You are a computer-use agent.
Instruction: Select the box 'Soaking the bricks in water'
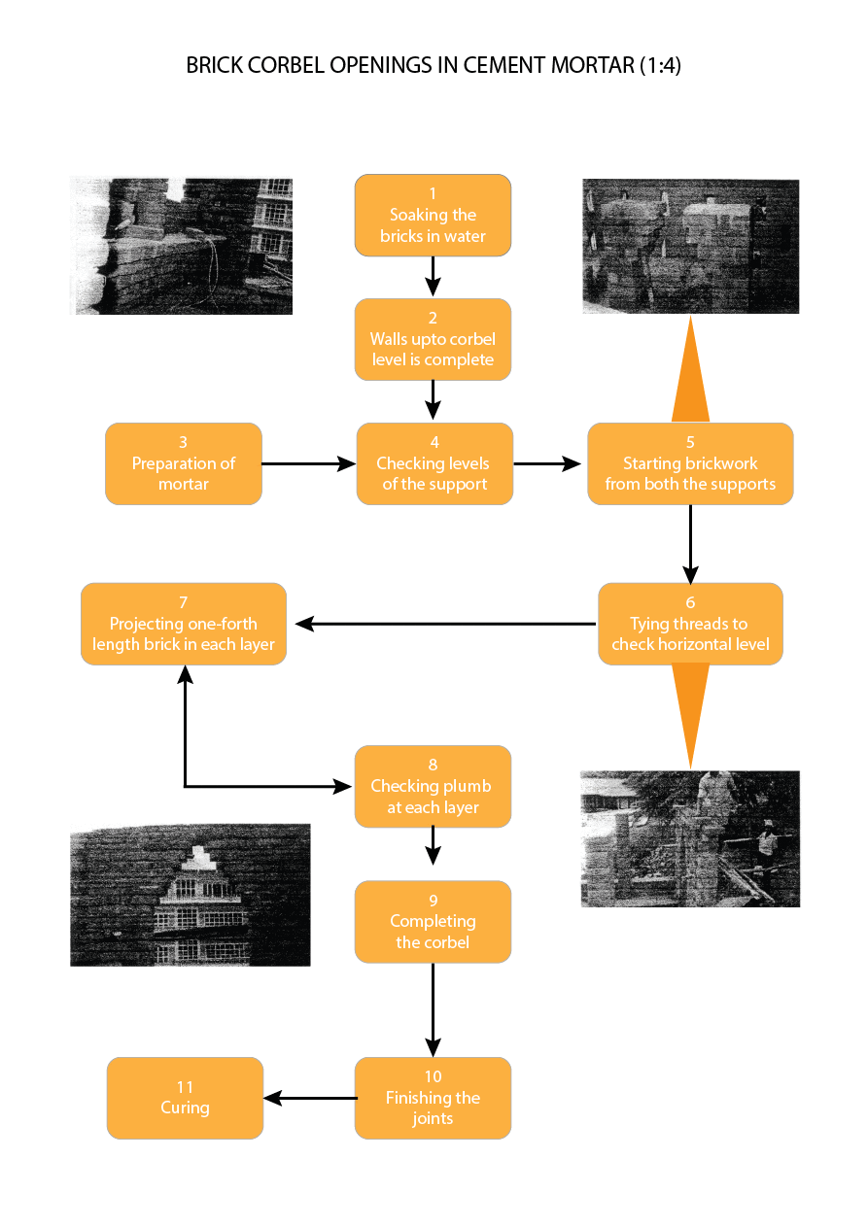(x=433, y=216)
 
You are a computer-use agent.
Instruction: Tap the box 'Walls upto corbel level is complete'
(x=433, y=339)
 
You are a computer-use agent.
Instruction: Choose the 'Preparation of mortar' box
(x=184, y=463)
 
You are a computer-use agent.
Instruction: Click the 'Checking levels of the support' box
(x=434, y=463)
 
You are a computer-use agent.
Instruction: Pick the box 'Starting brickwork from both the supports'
(x=690, y=463)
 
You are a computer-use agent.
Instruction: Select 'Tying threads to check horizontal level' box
(x=690, y=624)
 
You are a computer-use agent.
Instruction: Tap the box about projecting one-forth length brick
(x=184, y=624)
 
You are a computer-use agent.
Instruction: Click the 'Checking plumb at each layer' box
(x=433, y=786)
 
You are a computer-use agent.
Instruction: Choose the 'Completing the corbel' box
(x=433, y=921)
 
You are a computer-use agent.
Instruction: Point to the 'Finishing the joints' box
(x=433, y=1098)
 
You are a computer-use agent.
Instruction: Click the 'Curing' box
(x=185, y=1098)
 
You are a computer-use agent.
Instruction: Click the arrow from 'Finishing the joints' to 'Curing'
(x=310, y=1098)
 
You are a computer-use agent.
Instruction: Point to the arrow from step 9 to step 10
(x=433, y=1009)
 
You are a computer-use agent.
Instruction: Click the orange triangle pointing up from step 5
(x=690, y=374)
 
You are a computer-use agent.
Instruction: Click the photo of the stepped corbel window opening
(x=191, y=895)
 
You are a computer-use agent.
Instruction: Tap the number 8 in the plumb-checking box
(x=433, y=766)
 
